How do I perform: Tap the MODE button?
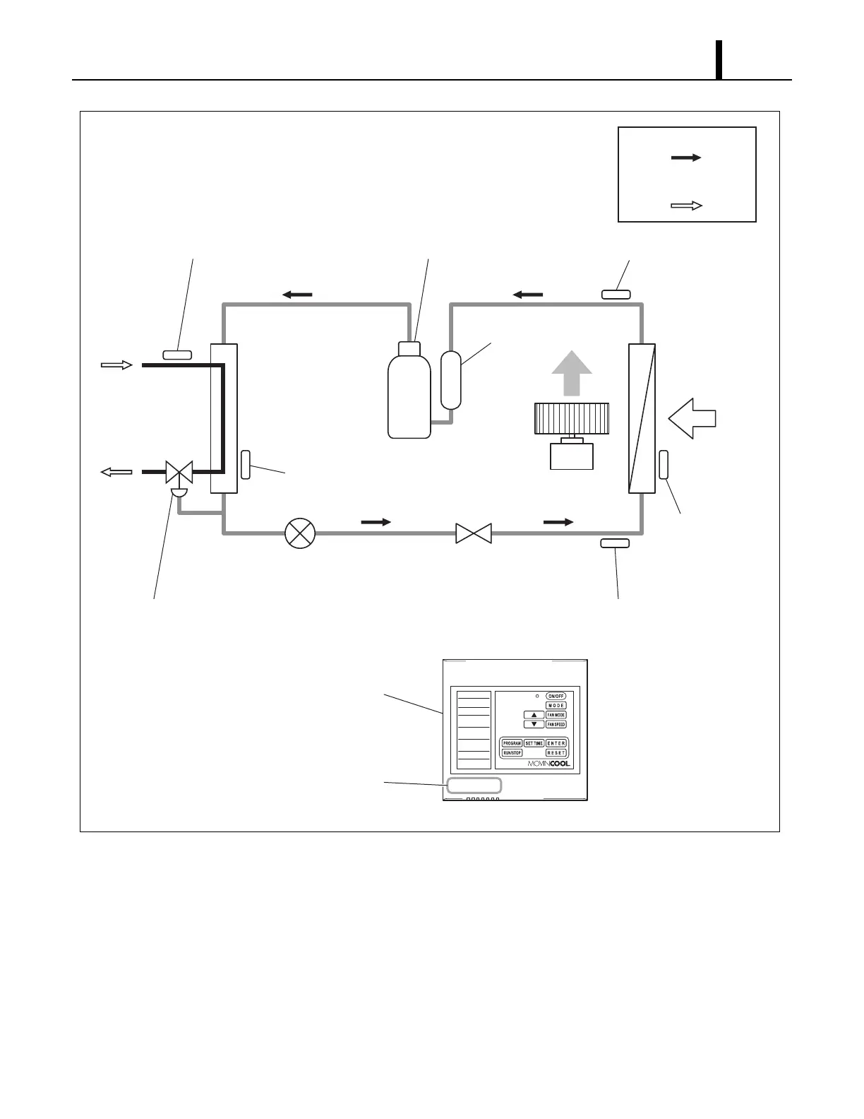coord(556,706)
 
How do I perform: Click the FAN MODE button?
coord(556,715)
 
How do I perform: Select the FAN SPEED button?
coord(556,725)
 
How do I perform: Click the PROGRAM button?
coord(512,743)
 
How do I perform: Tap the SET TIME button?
coord(534,743)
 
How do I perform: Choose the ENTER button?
coord(556,743)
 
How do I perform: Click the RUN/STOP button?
coord(512,753)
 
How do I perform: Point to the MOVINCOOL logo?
coord(549,764)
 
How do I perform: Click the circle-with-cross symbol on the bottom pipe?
coord(300,533)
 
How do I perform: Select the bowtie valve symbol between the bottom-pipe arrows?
coord(473,533)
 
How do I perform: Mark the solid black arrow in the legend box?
coord(686,158)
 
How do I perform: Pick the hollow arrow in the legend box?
coord(686,206)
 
